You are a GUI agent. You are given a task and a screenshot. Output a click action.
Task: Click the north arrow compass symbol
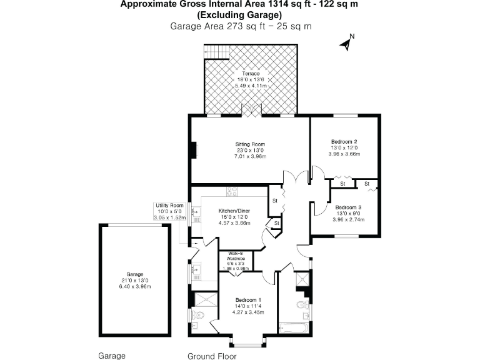point(346,42)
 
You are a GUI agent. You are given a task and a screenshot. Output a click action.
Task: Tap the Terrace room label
point(251,74)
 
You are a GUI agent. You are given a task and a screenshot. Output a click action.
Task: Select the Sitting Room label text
point(251,144)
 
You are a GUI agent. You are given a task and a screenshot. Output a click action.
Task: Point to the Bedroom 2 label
point(344,142)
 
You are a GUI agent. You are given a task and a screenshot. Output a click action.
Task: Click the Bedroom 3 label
point(347,207)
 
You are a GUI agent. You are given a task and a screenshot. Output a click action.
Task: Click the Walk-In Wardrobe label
point(235,256)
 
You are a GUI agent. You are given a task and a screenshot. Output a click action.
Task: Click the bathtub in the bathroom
point(292,327)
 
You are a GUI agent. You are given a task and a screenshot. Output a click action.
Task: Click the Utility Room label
point(170,206)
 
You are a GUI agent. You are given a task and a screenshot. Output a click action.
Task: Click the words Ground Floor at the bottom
point(212,356)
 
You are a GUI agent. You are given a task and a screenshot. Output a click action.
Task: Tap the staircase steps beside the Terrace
point(216,52)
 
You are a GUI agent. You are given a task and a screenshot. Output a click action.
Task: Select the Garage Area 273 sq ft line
point(241,26)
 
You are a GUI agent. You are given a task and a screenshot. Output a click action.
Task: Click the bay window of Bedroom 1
point(247,341)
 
